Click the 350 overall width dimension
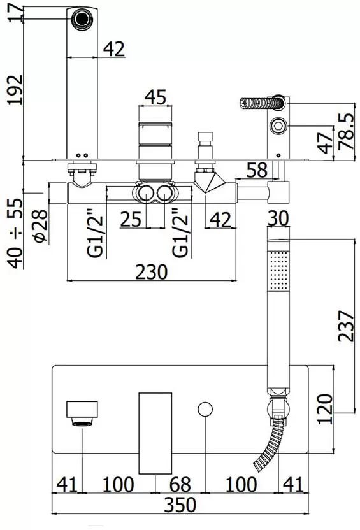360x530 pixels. (x=180, y=505)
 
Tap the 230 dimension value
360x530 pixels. (x=152, y=272)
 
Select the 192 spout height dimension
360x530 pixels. (x=15, y=90)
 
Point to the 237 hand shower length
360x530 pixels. (x=347, y=326)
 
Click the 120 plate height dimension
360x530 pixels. (x=325, y=409)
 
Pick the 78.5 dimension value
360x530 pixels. (x=347, y=131)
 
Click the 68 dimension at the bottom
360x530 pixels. (x=180, y=484)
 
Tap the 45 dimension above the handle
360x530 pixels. (x=155, y=97)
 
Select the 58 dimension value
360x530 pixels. (x=257, y=170)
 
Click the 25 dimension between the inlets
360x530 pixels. (x=131, y=219)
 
